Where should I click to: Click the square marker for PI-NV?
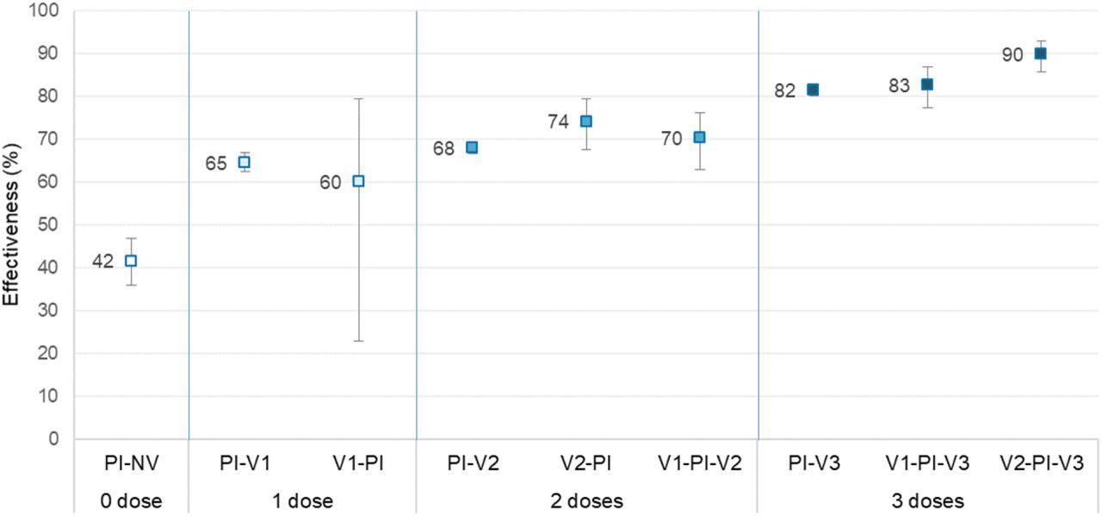131,260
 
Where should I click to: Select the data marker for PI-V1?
245,162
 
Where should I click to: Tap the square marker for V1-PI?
358,181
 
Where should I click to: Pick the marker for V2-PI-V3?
1040,53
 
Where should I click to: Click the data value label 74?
558,122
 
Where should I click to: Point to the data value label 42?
102,262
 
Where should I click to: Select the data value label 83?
899,86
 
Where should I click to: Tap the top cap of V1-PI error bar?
358,99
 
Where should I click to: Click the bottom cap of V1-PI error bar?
358,341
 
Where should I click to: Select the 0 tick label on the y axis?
54,439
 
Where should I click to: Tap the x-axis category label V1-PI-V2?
699,463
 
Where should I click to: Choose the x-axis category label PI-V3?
813,463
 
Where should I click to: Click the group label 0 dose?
131,500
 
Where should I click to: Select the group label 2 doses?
585,500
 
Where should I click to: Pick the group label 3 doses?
926,500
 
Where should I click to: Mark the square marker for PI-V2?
472,147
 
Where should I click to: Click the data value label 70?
672,139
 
